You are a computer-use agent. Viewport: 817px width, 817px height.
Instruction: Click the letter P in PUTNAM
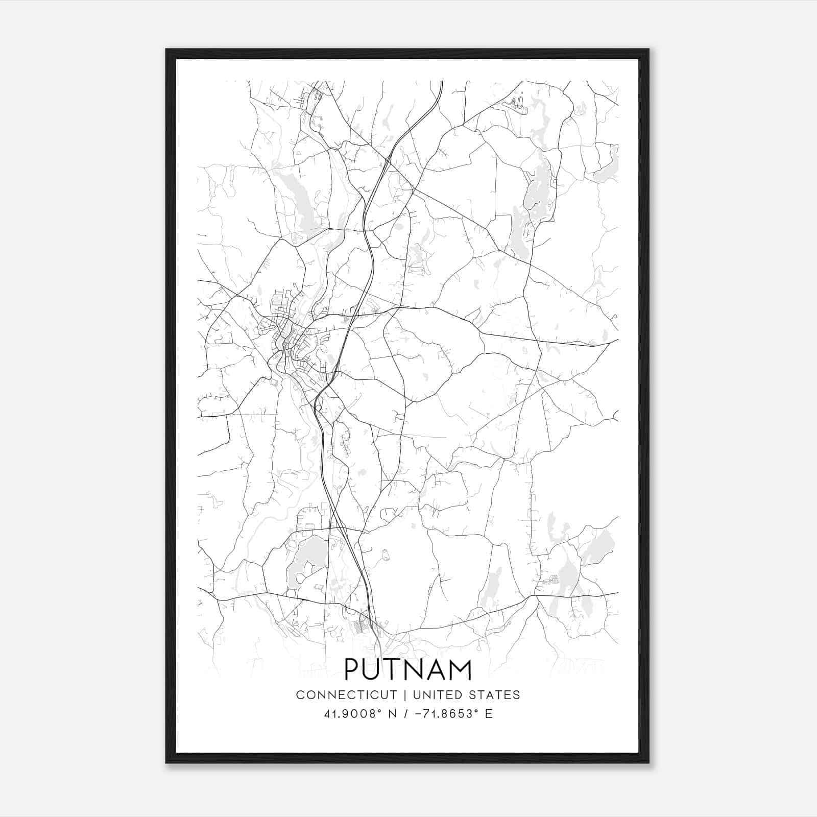353,669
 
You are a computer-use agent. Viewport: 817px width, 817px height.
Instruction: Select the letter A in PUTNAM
435,669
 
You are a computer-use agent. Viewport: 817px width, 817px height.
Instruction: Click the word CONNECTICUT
346,695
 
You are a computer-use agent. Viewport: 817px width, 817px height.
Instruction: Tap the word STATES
495,695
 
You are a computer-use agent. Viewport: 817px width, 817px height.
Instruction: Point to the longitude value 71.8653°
446,714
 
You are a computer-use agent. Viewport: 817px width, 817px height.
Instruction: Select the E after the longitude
489,714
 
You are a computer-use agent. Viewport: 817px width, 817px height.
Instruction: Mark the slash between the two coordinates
406,714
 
